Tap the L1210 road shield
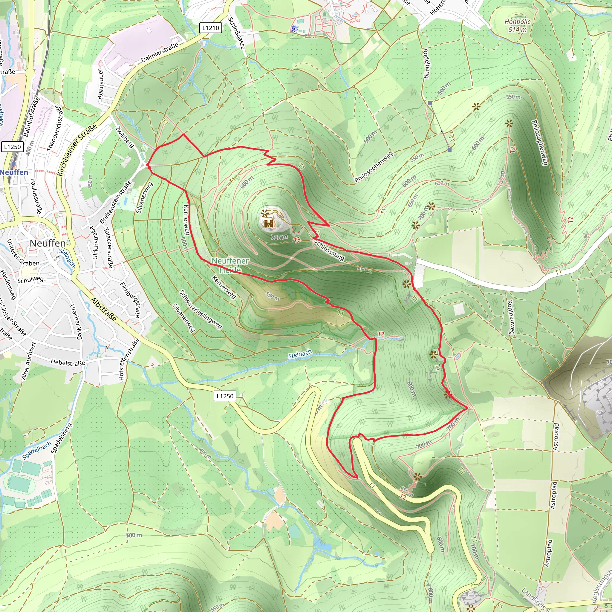click(211, 28)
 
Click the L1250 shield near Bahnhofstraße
click(13, 147)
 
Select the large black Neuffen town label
click(48, 243)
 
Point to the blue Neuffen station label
click(14, 172)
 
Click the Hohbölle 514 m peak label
click(518, 26)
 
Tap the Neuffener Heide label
click(230, 265)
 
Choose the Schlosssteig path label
click(329, 250)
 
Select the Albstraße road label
click(104, 310)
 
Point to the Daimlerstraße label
click(160, 53)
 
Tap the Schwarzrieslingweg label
click(201, 310)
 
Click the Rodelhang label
click(426, 63)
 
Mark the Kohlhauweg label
click(511, 317)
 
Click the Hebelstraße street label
click(68, 362)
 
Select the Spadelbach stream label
click(37, 451)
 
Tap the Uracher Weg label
click(76, 322)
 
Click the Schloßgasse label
click(237, 33)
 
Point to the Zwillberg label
click(125, 137)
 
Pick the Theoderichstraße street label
click(55, 128)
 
